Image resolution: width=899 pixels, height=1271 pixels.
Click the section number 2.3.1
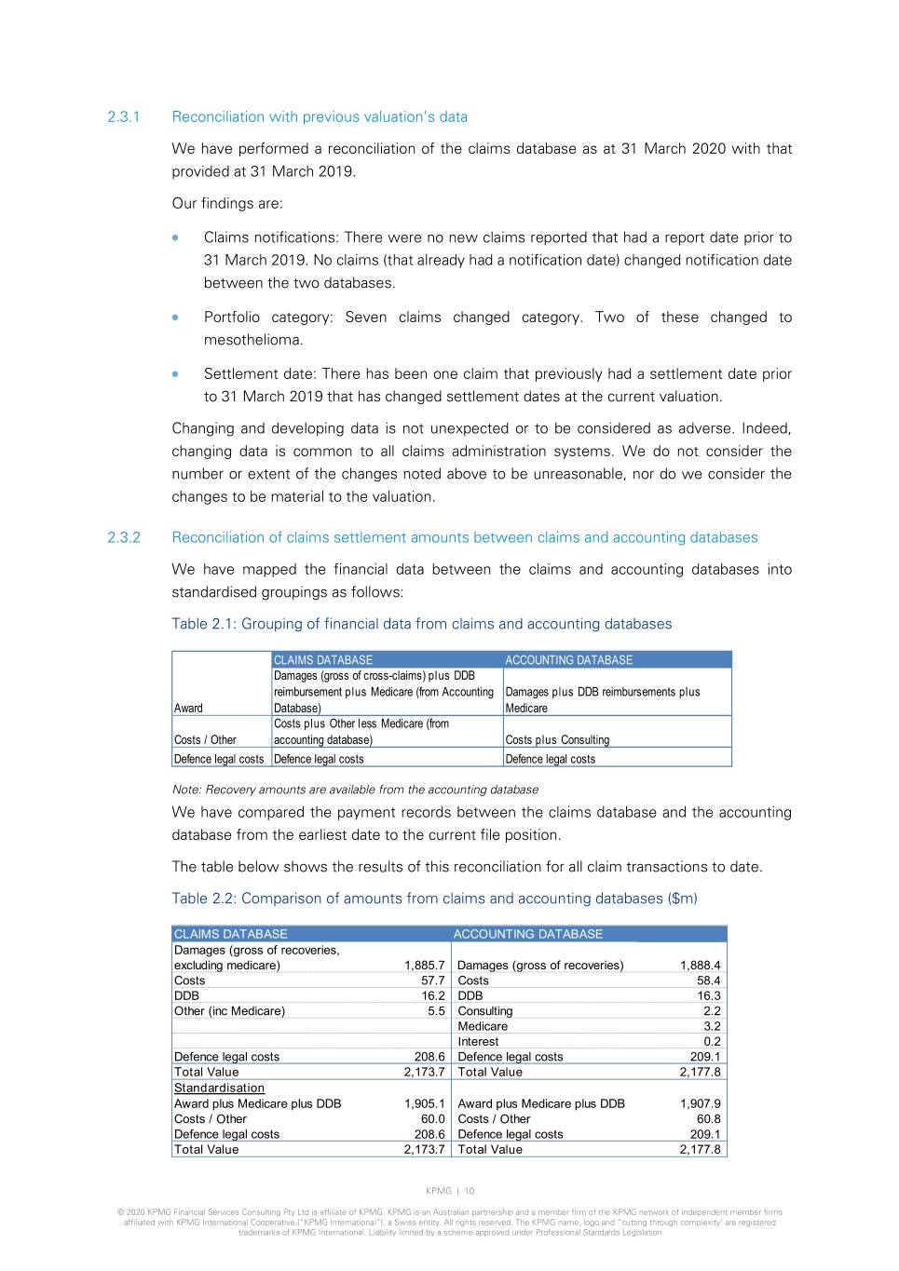click(123, 117)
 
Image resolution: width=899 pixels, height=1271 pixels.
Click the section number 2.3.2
click(123, 538)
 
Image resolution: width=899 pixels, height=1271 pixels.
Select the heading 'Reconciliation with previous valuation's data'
click(320, 117)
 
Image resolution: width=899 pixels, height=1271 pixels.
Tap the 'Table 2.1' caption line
click(421, 624)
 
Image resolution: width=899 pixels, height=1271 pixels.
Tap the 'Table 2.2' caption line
click(434, 899)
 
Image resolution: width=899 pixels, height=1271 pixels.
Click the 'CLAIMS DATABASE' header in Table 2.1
click(323, 660)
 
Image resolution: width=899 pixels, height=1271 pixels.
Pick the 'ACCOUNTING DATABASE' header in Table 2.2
click(527, 934)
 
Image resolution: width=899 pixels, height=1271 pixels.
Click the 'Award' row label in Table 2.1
click(188, 709)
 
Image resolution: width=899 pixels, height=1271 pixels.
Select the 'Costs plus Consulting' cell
click(557, 740)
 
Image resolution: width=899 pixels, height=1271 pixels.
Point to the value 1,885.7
click(424, 966)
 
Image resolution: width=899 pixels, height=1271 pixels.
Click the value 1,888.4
click(700, 966)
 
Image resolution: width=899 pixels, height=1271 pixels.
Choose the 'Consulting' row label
click(484, 1011)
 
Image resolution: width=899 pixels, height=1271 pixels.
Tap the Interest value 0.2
click(712, 1042)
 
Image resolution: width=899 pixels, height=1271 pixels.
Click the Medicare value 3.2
click(712, 1026)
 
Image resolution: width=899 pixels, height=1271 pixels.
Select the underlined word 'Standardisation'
click(219, 1088)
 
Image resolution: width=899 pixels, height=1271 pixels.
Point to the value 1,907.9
click(700, 1103)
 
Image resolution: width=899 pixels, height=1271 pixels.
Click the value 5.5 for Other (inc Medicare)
click(436, 1011)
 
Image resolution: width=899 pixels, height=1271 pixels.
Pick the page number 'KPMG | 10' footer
click(450, 1191)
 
